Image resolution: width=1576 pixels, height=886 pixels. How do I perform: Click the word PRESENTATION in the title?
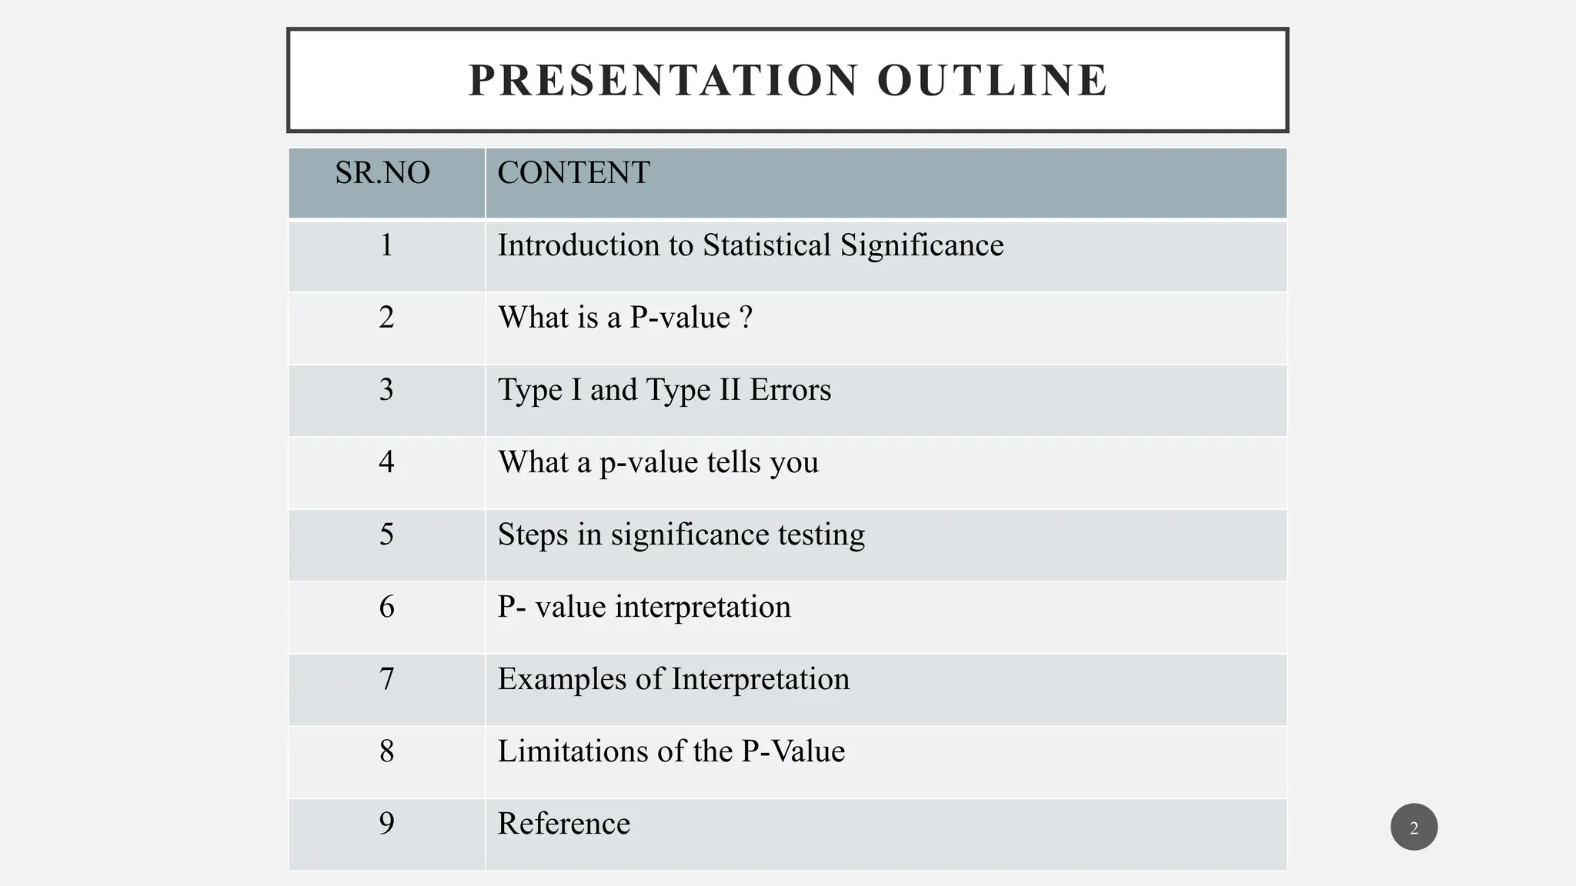(663, 80)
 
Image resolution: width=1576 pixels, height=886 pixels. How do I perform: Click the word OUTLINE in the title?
(993, 80)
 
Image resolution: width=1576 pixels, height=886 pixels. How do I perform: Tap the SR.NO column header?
(382, 173)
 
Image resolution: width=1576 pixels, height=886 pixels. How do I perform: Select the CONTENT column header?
(573, 173)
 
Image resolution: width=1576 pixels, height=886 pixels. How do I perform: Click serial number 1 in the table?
(386, 245)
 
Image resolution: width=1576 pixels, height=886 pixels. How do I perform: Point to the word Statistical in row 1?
(766, 245)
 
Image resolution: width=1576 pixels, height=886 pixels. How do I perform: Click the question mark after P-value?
(746, 318)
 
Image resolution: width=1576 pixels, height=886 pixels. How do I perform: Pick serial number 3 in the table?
(386, 390)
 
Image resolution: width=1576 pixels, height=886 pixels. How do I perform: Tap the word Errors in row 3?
(790, 390)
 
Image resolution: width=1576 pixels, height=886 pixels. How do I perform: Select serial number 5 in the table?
(386, 535)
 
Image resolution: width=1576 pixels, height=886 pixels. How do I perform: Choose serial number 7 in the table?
(386, 679)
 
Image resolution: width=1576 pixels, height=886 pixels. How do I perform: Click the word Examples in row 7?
(562, 680)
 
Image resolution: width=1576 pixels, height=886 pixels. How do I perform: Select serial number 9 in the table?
(386, 824)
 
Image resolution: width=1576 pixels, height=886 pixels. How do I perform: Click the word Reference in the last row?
(563, 824)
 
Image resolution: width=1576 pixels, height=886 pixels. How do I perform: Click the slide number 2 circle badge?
(1414, 828)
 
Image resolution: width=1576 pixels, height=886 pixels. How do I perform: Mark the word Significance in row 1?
(922, 246)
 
